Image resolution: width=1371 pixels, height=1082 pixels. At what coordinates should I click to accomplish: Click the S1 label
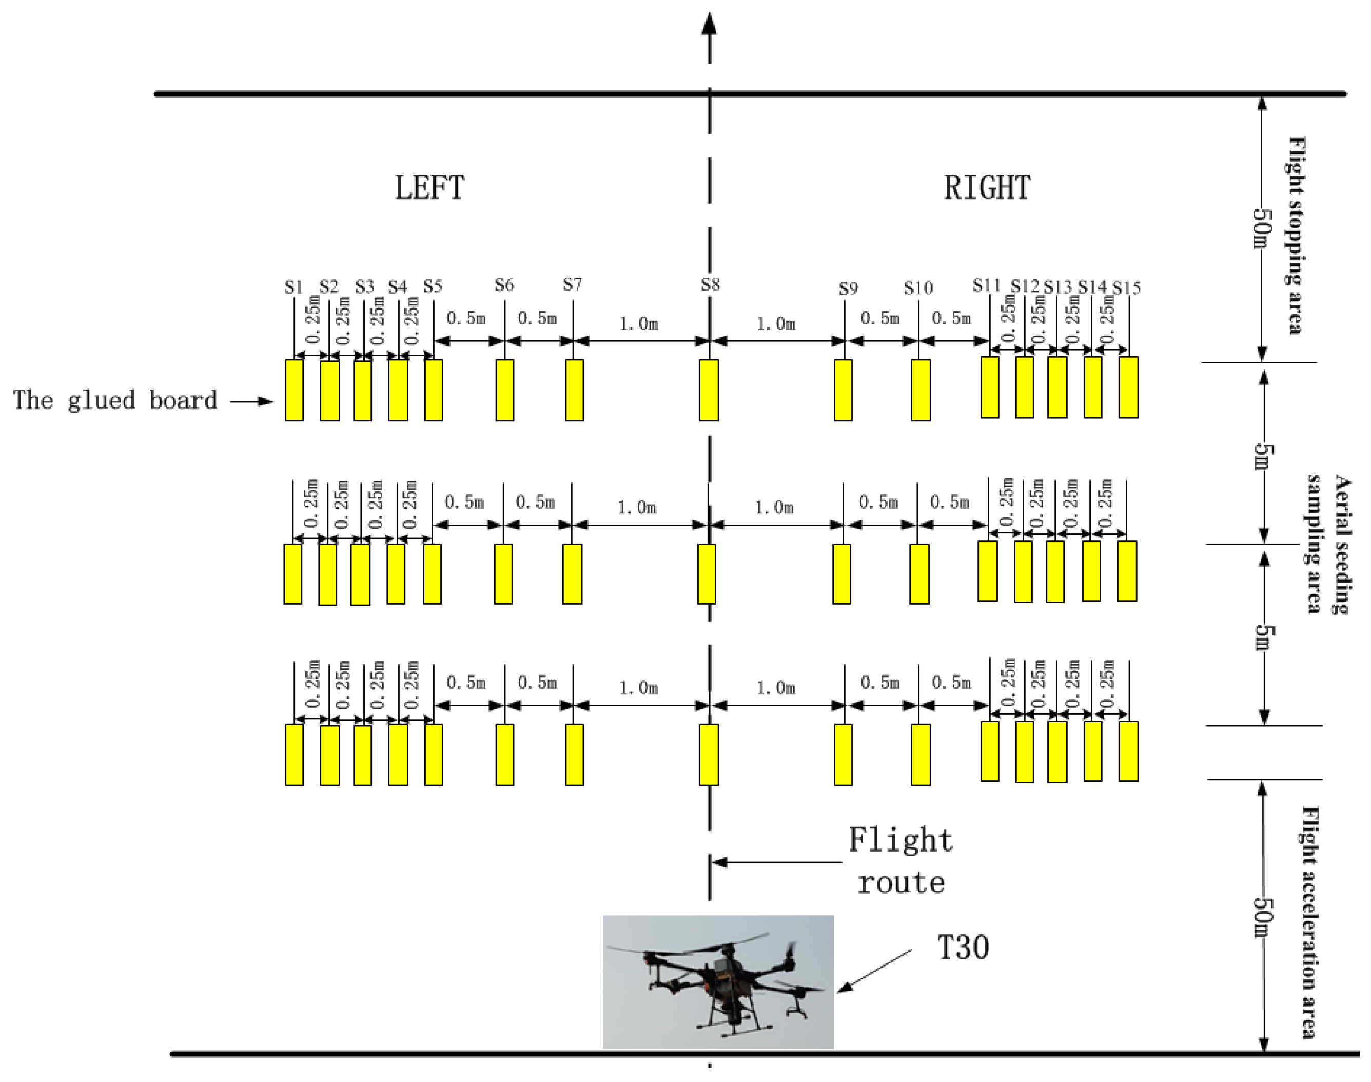pyautogui.click(x=293, y=287)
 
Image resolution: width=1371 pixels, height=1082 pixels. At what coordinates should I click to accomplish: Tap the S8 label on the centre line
pyautogui.click(x=710, y=284)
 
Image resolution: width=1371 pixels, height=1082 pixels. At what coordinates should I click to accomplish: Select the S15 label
pyautogui.click(x=1127, y=288)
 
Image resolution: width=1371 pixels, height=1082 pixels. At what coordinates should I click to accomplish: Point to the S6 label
pyautogui.click(x=504, y=285)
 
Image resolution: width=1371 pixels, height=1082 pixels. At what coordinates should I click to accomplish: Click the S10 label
pyautogui.click(x=918, y=288)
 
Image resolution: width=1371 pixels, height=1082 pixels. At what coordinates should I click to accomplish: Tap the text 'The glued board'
pyautogui.click(x=115, y=400)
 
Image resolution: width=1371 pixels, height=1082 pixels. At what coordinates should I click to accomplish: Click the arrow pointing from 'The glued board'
pyautogui.click(x=251, y=401)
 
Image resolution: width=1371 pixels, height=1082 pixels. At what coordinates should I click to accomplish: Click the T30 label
pyautogui.click(x=963, y=948)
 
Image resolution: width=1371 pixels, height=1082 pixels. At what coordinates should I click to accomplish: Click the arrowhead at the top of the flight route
pyautogui.click(x=709, y=24)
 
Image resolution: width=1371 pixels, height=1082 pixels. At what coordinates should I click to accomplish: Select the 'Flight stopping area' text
pyautogui.click(x=1296, y=235)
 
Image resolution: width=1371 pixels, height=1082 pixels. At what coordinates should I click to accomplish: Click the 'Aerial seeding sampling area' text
pyautogui.click(x=1328, y=544)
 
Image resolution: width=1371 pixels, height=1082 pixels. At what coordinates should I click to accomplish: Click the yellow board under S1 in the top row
pyautogui.click(x=294, y=390)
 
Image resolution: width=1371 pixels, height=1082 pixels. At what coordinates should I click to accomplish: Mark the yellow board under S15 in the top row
pyautogui.click(x=1128, y=387)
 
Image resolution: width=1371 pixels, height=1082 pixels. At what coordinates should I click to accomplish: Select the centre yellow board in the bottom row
pyautogui.click(x=709, y=755)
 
